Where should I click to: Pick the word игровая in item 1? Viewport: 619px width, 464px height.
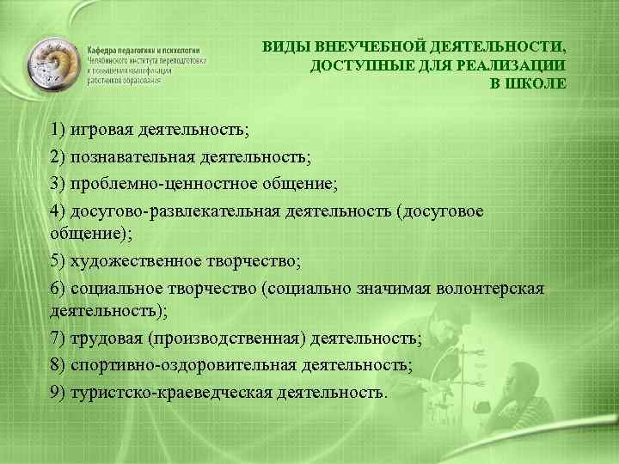point(102,130)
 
